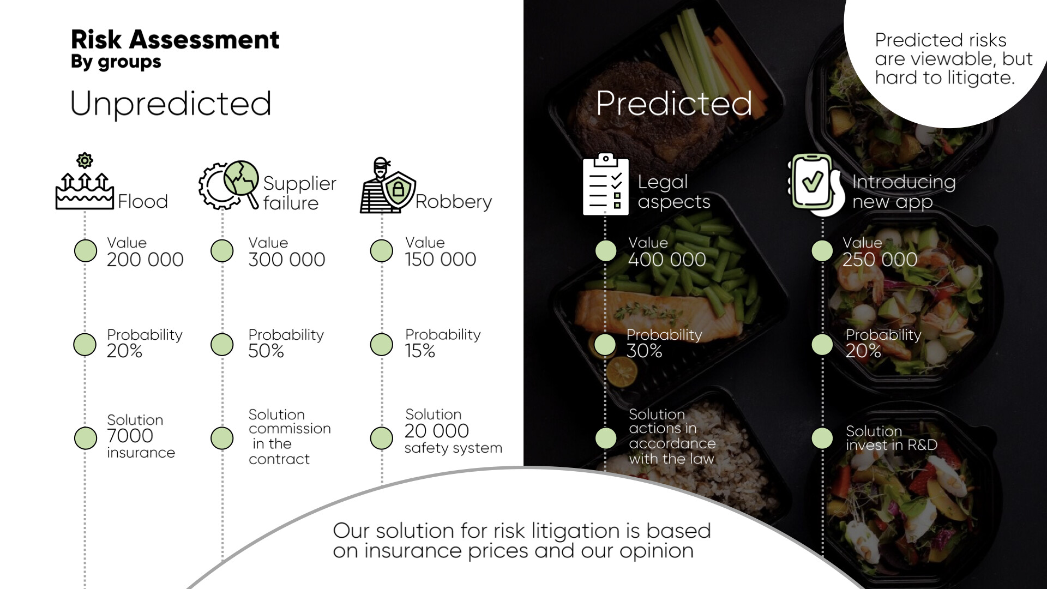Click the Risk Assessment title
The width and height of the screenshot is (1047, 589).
pos(175,40)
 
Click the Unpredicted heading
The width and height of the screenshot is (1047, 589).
pos(171,104)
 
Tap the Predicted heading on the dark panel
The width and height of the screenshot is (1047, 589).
pos(674,103)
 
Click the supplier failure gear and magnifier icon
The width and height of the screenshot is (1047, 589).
pos(228,185)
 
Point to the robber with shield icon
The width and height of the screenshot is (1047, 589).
pos(387,185)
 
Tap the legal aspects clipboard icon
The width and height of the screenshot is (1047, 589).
pos(605,184)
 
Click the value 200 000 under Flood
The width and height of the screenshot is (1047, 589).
pos(145,260)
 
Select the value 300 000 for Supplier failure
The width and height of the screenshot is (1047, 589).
pos(287,260)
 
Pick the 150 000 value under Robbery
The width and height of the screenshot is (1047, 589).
pos(441,260)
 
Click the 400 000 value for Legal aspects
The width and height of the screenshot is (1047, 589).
pos(667,260)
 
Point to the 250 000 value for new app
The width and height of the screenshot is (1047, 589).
pos(880,260)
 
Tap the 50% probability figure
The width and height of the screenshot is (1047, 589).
pos(266,351)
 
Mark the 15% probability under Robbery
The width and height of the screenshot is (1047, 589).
pos(420,351)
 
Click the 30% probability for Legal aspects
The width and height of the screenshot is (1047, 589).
pos(645,351)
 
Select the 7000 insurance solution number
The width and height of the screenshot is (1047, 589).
pos(130,436)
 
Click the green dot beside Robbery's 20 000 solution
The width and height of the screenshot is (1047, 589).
pos(381,438)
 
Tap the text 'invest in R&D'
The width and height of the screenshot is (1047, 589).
pos(892,445)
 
